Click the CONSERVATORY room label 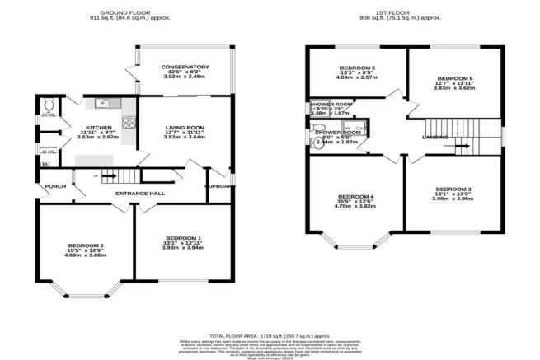point(185,67)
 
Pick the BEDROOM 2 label point(85,246)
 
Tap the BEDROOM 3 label point(453,189)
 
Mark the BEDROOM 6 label point(456,77)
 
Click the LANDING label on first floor point(435,137)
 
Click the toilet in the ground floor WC point(49,106)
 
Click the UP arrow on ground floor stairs point(105,175)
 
